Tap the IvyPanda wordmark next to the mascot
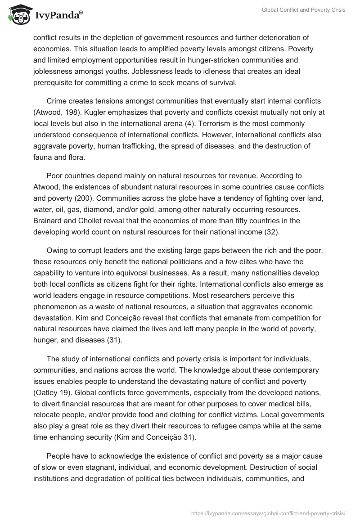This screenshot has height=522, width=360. pyautogui.click(x=58, y=15)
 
